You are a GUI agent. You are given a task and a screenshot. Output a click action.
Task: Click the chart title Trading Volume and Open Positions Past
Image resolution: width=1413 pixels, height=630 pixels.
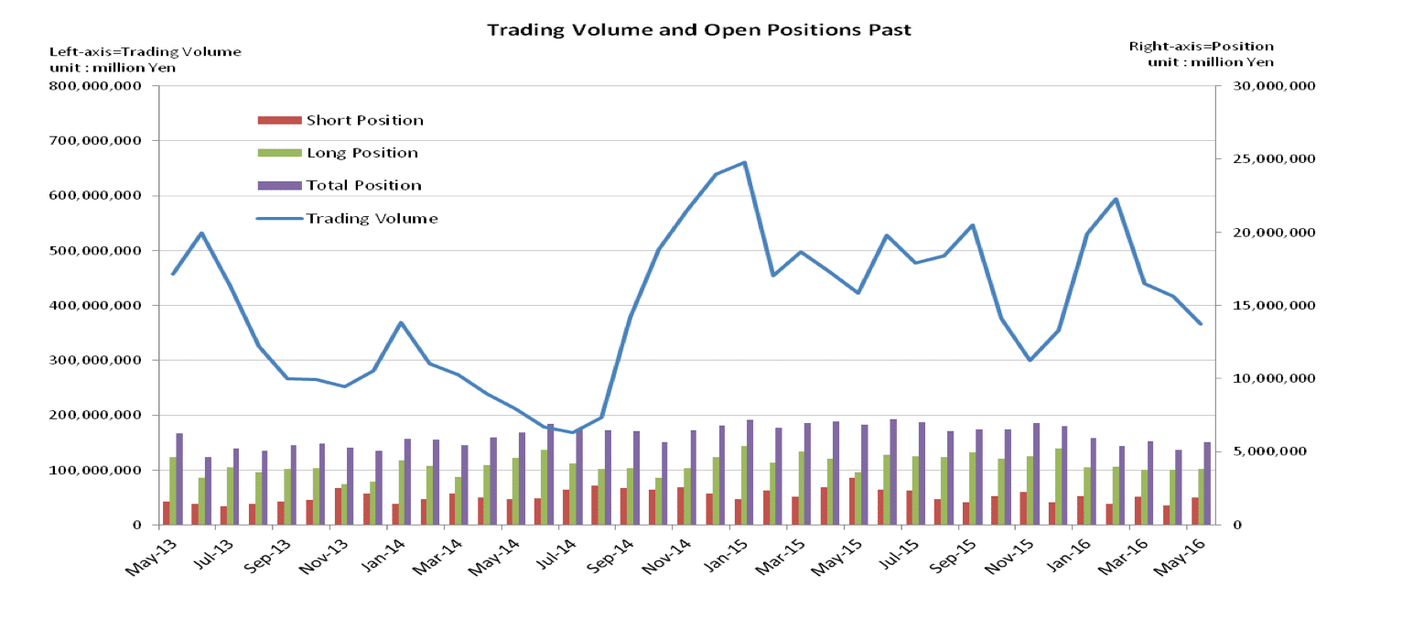(699, 30)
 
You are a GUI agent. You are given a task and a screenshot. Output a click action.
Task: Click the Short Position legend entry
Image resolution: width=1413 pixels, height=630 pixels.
(364, 120)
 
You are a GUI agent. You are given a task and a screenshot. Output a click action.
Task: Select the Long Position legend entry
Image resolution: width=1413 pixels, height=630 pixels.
(361, 153)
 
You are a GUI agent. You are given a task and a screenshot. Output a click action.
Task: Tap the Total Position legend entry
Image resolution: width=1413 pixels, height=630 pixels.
(363, 185)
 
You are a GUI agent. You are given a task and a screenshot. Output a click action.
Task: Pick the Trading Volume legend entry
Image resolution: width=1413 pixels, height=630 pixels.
(372, 219)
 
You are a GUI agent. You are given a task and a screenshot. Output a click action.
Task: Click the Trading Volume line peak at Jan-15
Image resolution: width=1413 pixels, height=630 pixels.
(745, 163)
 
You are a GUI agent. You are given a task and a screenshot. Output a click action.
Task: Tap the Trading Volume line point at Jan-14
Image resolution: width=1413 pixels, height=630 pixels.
(401, 322)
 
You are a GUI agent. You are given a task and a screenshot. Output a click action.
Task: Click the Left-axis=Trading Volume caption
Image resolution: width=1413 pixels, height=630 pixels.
(145, 51)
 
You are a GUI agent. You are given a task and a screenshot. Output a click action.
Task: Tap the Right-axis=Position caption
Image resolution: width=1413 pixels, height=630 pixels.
(1201, 46)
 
